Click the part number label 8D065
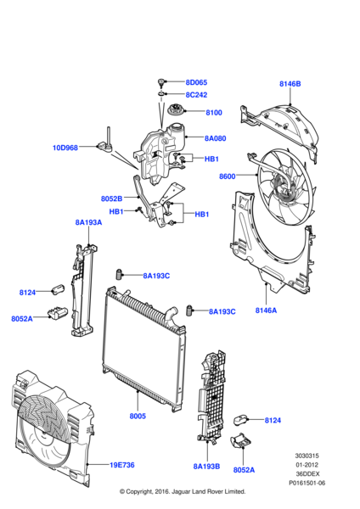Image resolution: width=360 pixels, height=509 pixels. pos(196,83)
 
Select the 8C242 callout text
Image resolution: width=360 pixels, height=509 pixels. pos(196,95)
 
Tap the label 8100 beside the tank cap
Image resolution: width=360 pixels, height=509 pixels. pos(213,112)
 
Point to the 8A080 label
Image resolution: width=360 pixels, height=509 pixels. pos(216,137)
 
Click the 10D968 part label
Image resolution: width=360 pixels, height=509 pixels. pos(65,148)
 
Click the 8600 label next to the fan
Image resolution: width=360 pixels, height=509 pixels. pos(227,176)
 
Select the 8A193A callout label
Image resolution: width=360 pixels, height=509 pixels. pos(88,222)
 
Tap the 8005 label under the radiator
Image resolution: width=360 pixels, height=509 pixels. pos(138,417)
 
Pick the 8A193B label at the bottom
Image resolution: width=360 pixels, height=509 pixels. pos(206,466)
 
